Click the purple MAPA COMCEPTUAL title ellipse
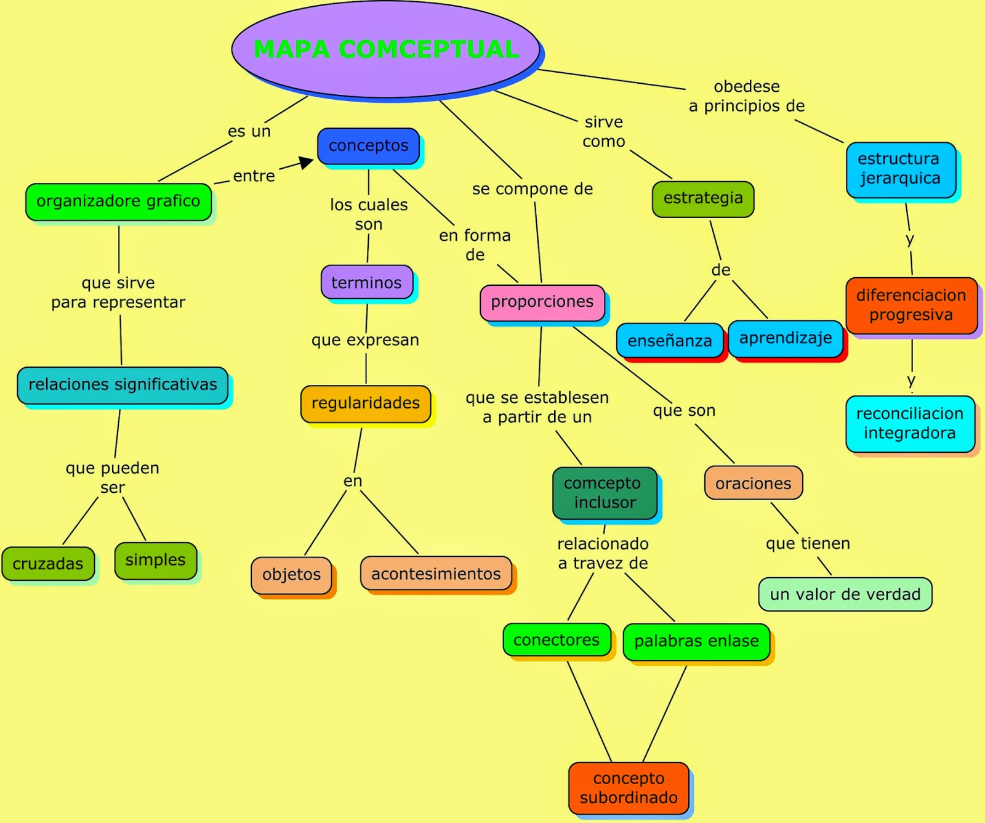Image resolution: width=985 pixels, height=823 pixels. pos(386,49)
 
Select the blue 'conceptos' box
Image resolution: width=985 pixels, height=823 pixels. pos(368,146)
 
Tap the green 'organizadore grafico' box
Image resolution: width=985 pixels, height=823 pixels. pos(118,201)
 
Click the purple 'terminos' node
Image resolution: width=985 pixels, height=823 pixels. pos(366,283)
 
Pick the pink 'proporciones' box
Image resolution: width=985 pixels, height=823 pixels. pos(542,302)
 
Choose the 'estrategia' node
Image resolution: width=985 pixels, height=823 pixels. pos(703,198)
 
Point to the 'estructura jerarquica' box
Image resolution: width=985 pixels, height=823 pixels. pos(899,169)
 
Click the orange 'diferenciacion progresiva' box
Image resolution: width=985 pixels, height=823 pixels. pos(911,305)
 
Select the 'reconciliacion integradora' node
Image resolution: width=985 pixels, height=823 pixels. pos(910,423)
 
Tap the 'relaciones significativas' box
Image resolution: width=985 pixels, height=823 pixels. pos(123,385)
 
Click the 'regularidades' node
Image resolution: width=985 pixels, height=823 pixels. pos(366,403)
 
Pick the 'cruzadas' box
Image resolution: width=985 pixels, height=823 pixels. pos(48,564)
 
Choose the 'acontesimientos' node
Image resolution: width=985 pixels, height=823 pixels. pos(436,574)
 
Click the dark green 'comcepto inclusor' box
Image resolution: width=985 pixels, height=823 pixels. pos(605,493)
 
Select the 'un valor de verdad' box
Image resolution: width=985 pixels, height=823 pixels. pos(845,594)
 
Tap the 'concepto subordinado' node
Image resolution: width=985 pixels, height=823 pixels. pos(629,788)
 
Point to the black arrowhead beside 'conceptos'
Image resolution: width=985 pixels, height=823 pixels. pos(306,162)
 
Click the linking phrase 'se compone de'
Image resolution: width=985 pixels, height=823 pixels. pos(533,189)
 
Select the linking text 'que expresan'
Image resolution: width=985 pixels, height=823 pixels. pos(365,340)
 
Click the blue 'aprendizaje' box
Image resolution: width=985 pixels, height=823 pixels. pos(786,338)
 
